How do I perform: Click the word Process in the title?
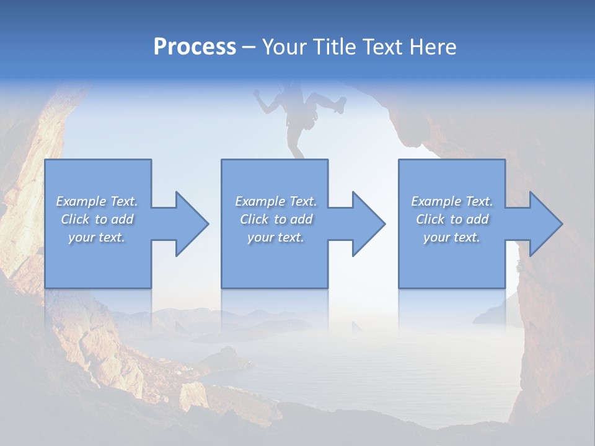tap(195, 47)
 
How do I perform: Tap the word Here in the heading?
tap(433, 47)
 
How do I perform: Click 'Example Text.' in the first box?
tap(97, 201)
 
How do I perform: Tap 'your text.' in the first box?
tap(97, 237)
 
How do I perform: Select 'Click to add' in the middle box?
tap(276, 219)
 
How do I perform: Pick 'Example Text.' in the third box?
tap(452, 201)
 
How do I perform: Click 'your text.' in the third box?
tap(452, 237)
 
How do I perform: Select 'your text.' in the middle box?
tap(276, 237)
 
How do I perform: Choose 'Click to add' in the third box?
tap(452, 219)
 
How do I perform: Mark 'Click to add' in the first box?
tap(97, 219)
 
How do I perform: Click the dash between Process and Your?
tap(249, 48)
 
